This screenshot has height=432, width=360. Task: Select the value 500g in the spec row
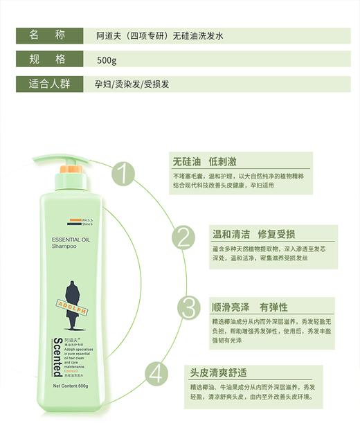tap(107, 60)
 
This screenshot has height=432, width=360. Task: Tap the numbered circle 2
tap(183, 237)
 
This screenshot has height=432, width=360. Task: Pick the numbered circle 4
tap(158, 375)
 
